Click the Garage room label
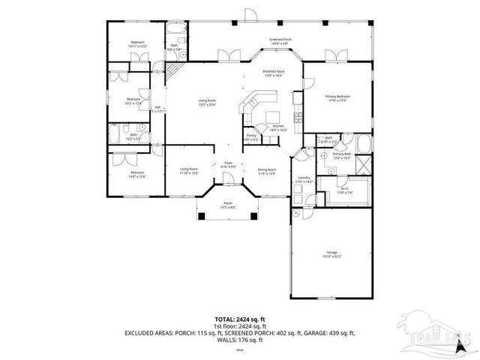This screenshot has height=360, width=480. pyautogui.click(x=331, y=254)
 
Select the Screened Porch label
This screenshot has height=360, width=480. pyautogui.click(x=280, y=40)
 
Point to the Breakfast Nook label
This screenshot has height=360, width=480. pyautogui.click(x=271, y=73)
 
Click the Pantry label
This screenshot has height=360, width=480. pyautogui.click(x=251, y=137)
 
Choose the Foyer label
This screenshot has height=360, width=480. pyautogui.click(x=228, y=165)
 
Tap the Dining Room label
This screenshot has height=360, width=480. pyautogui.click(x=266, y=171)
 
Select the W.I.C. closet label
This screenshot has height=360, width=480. pyautogui.click(x=346, y=190)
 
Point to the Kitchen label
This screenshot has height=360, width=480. pyautogui.click(x=277, y=127)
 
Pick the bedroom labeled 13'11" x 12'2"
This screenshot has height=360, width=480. pyautogui.click(x=137, y=44)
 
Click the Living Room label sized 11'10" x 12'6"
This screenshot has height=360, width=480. pyautogui.click(x=189, y=171)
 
